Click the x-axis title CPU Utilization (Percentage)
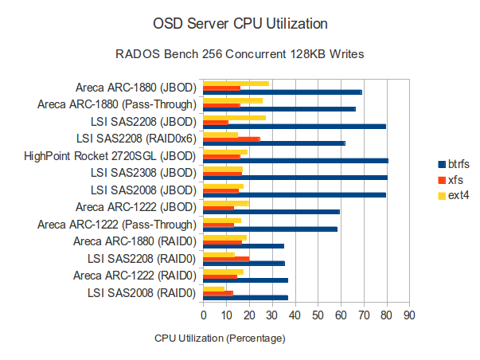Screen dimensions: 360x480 click(x=220, y=338)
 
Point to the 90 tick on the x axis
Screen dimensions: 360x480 click(x=409, y=315)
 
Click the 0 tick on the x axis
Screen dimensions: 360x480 click(x=204, y=315)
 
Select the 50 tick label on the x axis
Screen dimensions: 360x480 click(x=318, y=315)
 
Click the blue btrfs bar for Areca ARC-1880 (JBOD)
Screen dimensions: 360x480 click(x=283, y=92)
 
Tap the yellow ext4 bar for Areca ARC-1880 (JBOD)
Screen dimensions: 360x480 click(x=236, y=83)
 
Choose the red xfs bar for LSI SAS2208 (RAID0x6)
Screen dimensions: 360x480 click(x=232, y=139)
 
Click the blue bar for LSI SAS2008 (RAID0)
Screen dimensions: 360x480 click(x=246, y=298)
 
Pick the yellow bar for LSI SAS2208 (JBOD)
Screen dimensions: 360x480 click(x=235, y=117)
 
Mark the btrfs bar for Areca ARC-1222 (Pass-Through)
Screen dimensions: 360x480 click(x=271, y=229)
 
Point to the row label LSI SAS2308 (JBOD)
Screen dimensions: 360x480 click(x=143, y=173)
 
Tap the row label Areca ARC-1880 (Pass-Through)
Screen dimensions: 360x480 click(x=117, y=104)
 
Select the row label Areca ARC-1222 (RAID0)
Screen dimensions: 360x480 click(x=135, y=276)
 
